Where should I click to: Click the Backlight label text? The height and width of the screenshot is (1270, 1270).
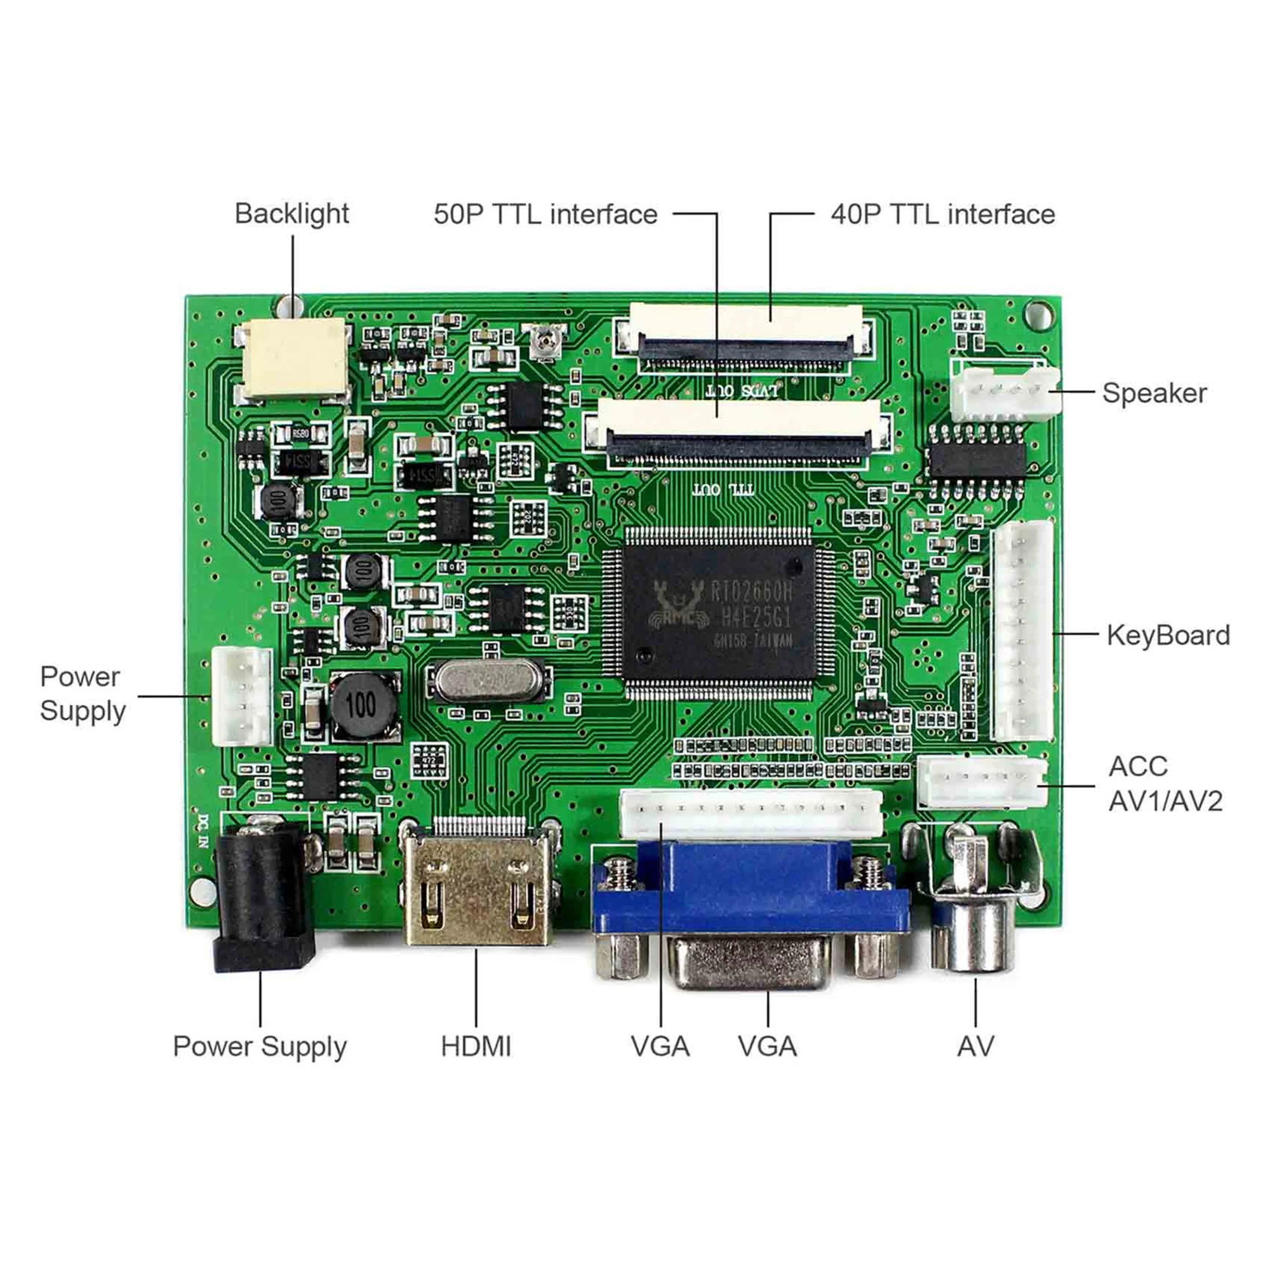[x=291, y=213]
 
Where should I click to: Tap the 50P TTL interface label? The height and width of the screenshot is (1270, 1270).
[x=545, y=214]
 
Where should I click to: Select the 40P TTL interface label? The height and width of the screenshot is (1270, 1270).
[x=942, y=214]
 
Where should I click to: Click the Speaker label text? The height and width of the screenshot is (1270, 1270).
[x=1154, y=393]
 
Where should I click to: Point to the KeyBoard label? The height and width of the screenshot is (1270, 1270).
[x=1168, y=635]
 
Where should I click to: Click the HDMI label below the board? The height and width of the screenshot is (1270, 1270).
[x=475, y=1046]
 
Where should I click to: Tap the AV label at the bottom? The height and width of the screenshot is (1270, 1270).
[x=975, y=1046]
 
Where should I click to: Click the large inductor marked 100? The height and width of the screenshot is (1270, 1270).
[x=363, y=705]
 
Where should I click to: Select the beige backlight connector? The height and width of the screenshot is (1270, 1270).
[x=295, y=359]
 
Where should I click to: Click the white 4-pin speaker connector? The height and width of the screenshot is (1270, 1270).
[x=1005, y=393]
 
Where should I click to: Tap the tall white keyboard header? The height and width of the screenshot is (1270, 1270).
[x=1023, y=631]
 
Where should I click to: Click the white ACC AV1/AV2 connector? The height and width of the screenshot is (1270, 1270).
[x=982, y=782]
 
